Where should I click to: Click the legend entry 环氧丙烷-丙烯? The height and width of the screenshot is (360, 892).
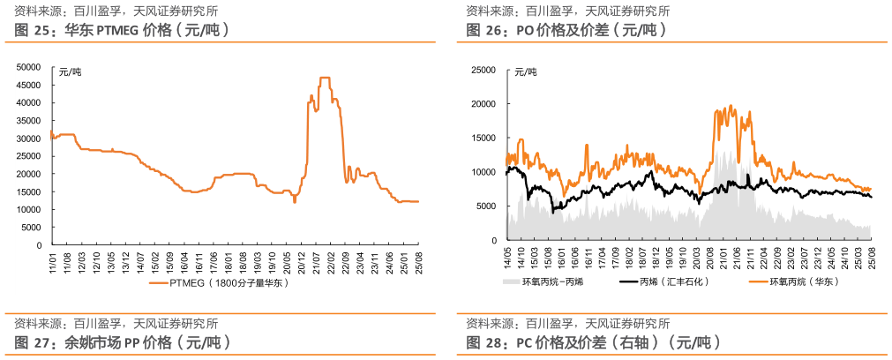[x=542, y=282]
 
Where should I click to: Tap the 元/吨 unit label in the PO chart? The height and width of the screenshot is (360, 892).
[x=525, y=72]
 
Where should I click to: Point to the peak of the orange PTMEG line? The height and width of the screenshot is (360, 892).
[x=325, y=79]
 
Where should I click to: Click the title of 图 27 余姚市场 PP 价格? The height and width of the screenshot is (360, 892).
[x=123, y=342]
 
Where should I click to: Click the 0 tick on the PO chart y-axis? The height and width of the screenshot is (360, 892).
[x=494, y=240]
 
